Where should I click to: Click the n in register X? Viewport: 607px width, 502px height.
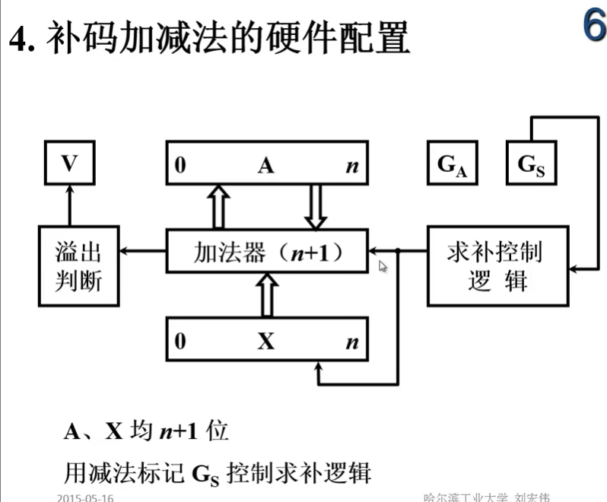click(351, 342)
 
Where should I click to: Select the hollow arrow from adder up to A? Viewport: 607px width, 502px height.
click(219, 205)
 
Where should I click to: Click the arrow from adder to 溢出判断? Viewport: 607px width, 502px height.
click(144, 250)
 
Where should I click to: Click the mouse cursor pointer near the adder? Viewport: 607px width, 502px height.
click(383, 266)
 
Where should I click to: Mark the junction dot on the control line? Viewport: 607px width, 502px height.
click(398, 250)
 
